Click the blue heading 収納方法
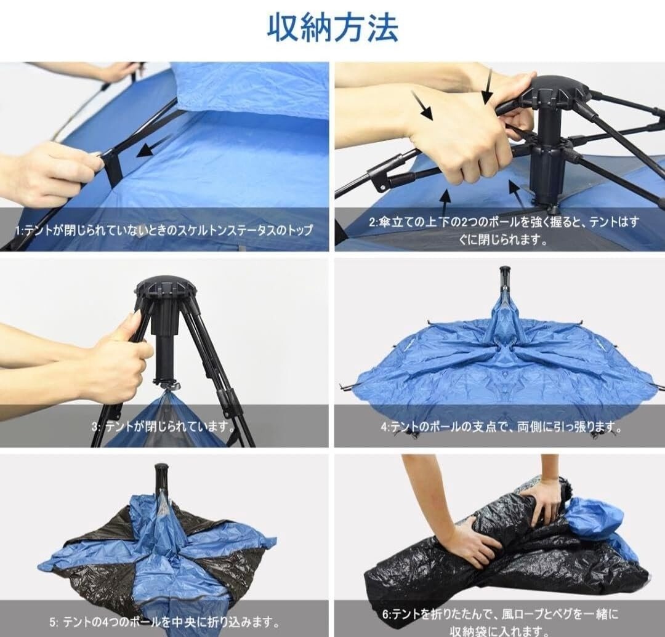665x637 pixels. coord(333,28)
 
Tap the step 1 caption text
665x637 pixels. coord(164,231)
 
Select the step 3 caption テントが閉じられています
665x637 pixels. coord(163,425)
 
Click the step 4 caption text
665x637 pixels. coord(501,427)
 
